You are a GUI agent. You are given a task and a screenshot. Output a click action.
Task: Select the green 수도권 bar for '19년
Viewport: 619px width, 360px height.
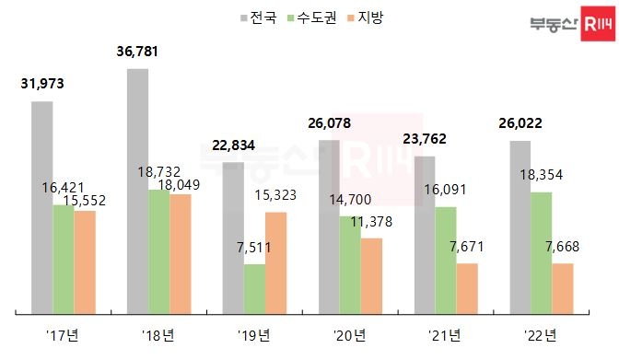[x=255, y=289]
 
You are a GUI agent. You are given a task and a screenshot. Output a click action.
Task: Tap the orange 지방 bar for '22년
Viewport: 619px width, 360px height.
[x=562, y=288]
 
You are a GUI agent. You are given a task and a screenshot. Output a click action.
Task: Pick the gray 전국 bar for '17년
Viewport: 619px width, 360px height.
[x=41, y=207]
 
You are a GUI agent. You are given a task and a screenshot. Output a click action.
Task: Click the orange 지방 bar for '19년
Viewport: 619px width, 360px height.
[x=276, y=263]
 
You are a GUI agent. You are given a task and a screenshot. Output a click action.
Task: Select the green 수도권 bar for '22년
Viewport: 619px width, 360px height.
[x=541, y=253]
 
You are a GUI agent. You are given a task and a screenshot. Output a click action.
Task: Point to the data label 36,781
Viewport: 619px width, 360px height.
[x=137, y=52]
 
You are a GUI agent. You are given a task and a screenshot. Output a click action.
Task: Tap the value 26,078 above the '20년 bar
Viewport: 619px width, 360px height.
[x=330, y=122]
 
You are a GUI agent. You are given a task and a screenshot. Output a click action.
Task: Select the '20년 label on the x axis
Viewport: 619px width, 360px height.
[x=351, y=333]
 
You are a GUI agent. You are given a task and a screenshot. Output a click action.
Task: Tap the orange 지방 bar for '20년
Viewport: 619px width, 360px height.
[x=371, y=275]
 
